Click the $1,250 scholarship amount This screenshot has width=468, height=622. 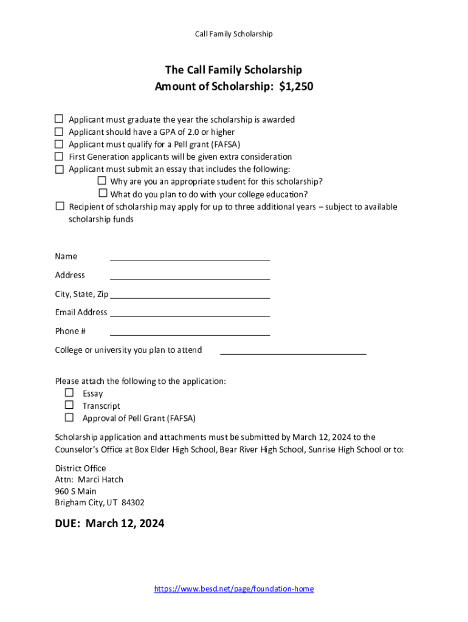click(x=296, y=86)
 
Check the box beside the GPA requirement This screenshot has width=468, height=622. click(x=60, y=132)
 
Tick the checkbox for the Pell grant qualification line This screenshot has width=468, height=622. click(x=60, y=144)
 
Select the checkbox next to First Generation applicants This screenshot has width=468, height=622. click(x=60, y=157)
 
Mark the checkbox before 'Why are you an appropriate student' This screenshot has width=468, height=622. click(x=102, y=181)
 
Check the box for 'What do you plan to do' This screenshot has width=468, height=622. click(x=102, y=194)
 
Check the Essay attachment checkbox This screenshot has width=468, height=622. click(x=69, y=393)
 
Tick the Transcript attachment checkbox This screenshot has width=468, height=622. click(x=69, y=405)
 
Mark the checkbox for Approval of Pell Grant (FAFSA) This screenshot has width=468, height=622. click(x=69, y=418)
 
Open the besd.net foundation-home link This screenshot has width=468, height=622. click(x=234, y=589)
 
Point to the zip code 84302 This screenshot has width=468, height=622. click(x=133, y=502)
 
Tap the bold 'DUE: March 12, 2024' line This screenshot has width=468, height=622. click(x=109, y=523)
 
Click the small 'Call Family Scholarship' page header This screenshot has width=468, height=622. click(x=233, y=34)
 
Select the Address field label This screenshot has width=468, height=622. click(x=70, y=275)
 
